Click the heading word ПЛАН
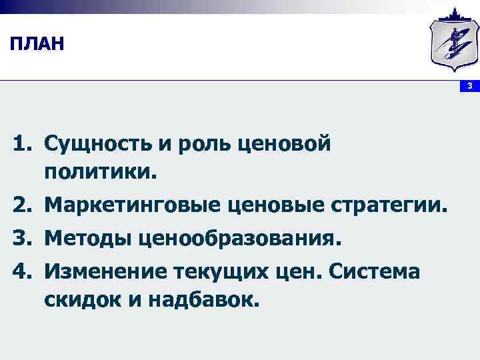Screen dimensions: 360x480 click(37, 45)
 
